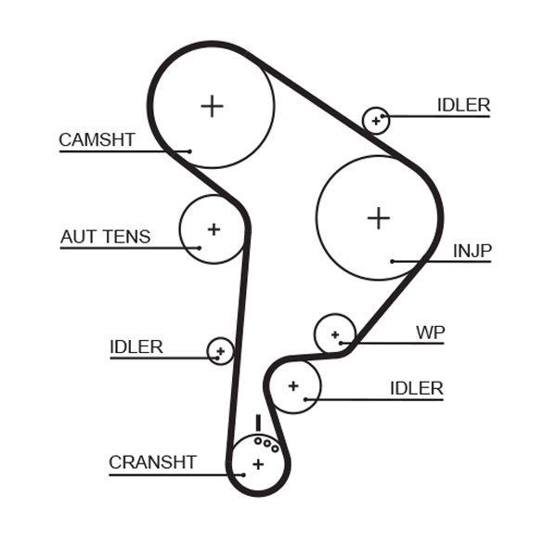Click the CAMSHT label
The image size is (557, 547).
point(97,140)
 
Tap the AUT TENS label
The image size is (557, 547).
point(105,237)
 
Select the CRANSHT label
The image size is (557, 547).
point(152,462)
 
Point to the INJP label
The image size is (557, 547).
point(473,251)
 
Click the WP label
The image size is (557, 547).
point(430,332)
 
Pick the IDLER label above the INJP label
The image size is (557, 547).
point(463,105)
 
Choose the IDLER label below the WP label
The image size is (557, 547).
point(416,388)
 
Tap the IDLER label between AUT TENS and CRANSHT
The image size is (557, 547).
point(136,347)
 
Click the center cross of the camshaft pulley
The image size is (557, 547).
point(213,105)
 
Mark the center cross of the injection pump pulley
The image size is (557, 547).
point(378,217)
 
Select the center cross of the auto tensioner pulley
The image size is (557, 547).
point(214,228)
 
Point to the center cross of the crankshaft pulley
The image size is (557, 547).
point(258,463)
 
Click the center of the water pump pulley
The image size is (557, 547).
point(335,334)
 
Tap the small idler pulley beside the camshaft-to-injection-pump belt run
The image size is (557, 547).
point(376,119)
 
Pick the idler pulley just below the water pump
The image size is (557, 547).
point(293,385)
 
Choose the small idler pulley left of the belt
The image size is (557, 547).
point(220,351)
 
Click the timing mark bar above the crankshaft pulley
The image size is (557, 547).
point(257,423)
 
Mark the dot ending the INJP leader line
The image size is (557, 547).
point(393,262)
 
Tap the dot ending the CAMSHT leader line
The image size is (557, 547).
point(189,150)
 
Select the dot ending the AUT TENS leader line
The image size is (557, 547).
point(199,247)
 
